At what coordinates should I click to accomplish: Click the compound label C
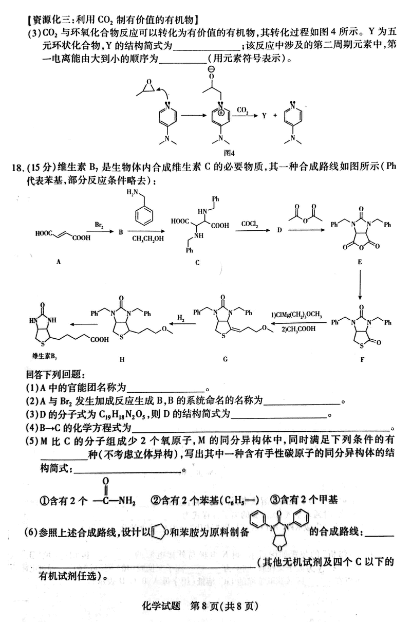197,263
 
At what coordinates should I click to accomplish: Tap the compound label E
360,262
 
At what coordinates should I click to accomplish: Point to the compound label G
225,359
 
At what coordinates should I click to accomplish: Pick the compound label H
122,359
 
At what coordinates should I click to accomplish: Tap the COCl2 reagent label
250,225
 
